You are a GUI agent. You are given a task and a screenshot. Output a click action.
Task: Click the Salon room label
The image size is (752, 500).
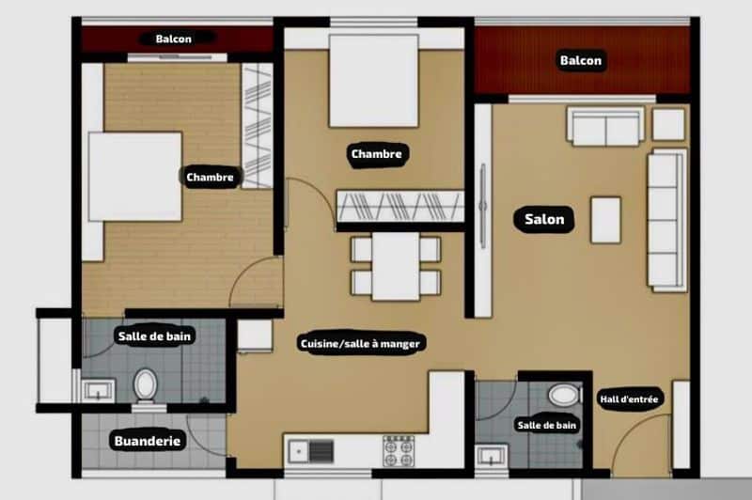click(544, 220)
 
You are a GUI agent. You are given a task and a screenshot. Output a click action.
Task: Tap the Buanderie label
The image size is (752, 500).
click(148, 441)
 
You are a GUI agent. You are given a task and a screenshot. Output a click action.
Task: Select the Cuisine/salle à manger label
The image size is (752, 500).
click(360, 343)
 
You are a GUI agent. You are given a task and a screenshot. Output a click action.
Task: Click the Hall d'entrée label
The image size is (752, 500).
click(629, 398)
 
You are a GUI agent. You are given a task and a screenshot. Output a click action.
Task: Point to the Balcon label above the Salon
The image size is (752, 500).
click(580, 60)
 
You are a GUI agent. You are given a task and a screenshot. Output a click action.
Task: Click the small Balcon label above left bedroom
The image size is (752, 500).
click(174, 39)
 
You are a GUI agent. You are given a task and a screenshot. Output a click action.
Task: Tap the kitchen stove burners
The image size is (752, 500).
click(399, 450)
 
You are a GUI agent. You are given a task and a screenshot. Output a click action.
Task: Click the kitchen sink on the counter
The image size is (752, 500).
click(311, 451)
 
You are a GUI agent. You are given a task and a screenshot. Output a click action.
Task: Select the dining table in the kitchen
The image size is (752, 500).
click(396, 267)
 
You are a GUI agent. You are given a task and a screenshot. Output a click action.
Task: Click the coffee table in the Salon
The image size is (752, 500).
click(605, 220)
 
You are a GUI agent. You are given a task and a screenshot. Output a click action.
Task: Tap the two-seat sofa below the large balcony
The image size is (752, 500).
click(605, 126)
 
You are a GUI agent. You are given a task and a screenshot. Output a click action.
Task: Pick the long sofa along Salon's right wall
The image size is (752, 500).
click(666, 220)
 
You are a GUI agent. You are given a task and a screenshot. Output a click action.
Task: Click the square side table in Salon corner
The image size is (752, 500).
click(668, 125)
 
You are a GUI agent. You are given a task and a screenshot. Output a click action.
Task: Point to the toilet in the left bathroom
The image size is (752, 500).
click(145, 385)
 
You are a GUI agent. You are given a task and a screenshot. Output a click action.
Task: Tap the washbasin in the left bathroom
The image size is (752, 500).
click(98, 390)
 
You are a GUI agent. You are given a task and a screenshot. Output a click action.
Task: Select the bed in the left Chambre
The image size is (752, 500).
click(134, 177)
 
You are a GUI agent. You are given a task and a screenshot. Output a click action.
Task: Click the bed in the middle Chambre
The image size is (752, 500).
click(373, 81)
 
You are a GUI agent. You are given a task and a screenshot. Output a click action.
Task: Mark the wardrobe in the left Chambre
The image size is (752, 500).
click(257, 126)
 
